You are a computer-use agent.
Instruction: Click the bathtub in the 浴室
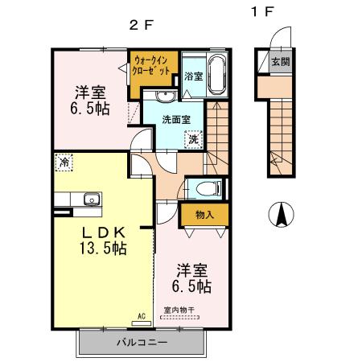(x=217, y=75)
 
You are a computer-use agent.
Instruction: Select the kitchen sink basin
(x=92, y=200)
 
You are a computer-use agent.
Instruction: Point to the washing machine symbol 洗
(x=193, y=139)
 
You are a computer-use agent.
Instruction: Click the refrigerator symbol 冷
(x=64, y=162)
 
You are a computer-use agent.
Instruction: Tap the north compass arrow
(x=282, y=214)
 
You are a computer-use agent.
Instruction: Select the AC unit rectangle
(x=142, y=323)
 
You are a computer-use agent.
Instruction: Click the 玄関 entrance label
(x=281, y=62)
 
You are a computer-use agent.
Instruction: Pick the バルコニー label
(x=142, y=342)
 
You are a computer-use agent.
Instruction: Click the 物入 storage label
(x=204, y=215)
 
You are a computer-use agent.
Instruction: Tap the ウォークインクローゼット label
(x=151, y=65)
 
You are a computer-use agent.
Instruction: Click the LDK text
(x=104, y=232)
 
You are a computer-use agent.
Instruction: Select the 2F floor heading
(x=141, y=26)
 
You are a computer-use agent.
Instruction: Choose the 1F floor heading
(x=262, y=12)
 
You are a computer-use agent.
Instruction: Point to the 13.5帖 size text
(x=103, y=248)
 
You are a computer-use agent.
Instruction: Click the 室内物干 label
(x=179, y=311)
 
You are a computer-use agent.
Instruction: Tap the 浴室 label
(x=193, y=76)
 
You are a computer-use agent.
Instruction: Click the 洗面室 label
(x=176, y=120)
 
